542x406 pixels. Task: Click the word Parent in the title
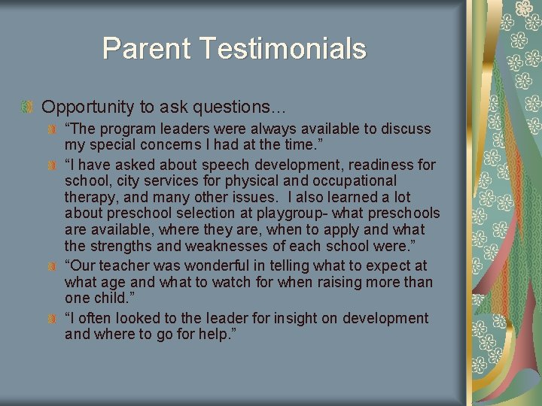point(148,49)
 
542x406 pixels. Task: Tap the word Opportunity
point(84,107)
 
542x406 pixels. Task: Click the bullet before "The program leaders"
point(53,129)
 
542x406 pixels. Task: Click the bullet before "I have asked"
point(53,165)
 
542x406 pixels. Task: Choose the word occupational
point(352,181)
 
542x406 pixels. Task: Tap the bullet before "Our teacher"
point(53,266)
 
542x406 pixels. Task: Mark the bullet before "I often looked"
point(53,319)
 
